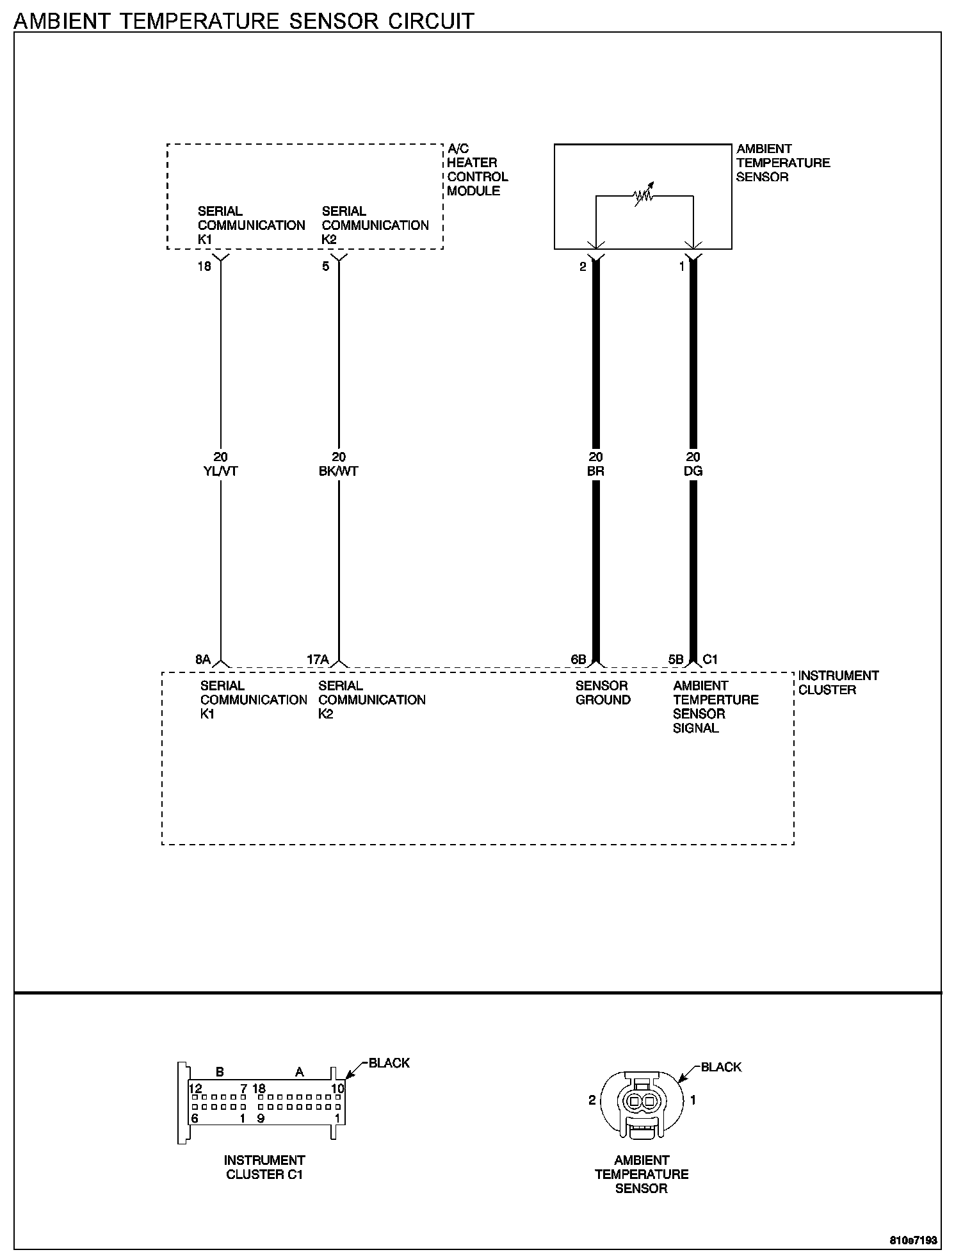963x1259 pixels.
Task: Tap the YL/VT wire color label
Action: [220, 471]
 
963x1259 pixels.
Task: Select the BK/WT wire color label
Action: [339, 471]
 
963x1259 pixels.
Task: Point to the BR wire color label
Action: [595, 471]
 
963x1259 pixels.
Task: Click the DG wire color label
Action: [693, 471]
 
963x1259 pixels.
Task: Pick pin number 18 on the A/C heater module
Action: [204, 266]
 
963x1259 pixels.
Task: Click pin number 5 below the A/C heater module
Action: [326, 266]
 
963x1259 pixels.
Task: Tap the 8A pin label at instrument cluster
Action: [203, 660]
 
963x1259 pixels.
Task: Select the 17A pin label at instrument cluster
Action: [318, 660]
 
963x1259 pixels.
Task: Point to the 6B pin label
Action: [578, 660]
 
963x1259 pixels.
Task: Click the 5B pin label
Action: [676, 660]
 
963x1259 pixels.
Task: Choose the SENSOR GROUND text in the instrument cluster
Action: [603, 693]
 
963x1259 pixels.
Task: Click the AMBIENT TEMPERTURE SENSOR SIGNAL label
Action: [715, 707]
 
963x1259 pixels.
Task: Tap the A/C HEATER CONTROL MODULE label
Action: [477, 170]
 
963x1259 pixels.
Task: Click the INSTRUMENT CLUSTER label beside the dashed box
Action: [838, 683]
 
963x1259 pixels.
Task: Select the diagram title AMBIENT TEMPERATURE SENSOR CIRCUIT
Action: [244, 21]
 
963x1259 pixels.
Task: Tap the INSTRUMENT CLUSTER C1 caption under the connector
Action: [264, 1167]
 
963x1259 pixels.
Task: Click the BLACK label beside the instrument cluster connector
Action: [389, 1063]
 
